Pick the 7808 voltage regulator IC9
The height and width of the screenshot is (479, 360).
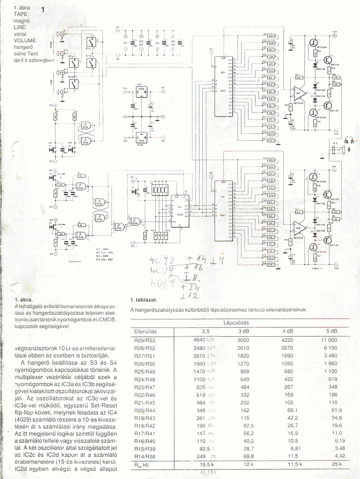coord(141,91)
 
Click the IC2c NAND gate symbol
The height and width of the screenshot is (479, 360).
coord(115,227)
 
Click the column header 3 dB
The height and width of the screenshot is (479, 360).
coord(244,331)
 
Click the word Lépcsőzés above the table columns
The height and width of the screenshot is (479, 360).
coord(236,323)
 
